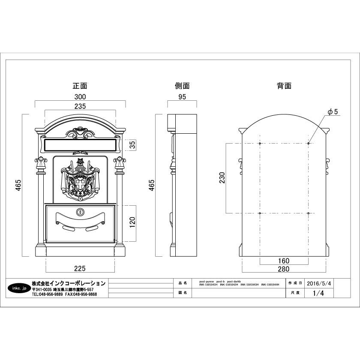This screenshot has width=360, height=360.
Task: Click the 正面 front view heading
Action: [80, 86]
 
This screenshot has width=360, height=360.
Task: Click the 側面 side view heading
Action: [182, 86]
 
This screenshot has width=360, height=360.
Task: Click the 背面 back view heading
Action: [284, 86]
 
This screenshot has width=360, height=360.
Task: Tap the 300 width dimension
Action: [80, 97]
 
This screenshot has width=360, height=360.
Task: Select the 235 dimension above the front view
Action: [80, 106]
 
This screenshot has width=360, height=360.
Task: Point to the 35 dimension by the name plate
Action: [132, 145]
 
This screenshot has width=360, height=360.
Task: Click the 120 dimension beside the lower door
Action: [132, 221]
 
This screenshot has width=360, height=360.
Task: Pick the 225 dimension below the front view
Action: [80, 268]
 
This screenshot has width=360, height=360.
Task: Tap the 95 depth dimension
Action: [182, 97]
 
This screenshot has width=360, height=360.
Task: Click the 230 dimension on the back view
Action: [222, 178]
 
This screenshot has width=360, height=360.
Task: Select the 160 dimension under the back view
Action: [284, 261]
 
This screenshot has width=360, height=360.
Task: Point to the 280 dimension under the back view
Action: [284, 269]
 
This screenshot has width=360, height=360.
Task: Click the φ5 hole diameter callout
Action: [333, 111]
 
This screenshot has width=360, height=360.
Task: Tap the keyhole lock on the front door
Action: [80, 212]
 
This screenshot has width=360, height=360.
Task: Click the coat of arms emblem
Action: [80, 180]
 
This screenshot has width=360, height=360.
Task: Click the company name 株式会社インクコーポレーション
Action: [69, 283]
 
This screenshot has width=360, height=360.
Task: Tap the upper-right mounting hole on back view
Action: [308, 143]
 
